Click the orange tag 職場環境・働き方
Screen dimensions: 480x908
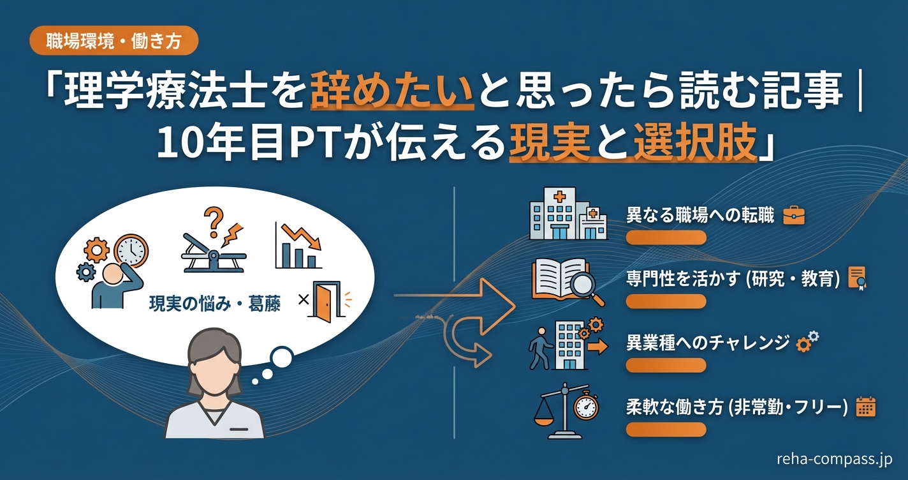(114, 41)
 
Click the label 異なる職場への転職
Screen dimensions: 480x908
(699, 216)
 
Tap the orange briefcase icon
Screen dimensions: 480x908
(793, 216)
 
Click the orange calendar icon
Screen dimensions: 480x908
(865, 407)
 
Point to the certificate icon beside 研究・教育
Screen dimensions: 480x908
(856, 279)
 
